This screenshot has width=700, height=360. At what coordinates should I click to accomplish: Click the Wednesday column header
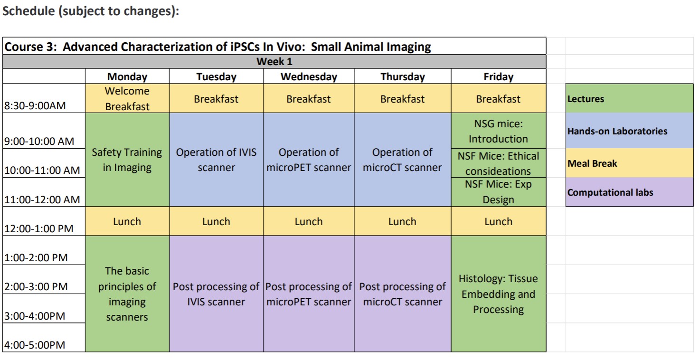point(309,76)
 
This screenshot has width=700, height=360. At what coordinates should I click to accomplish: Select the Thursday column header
point(403,76)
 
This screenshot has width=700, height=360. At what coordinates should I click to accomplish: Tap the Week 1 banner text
point(274,62)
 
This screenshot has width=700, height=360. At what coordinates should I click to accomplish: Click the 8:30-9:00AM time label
point(35,105)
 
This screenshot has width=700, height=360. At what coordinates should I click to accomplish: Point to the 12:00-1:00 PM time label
point(39,228)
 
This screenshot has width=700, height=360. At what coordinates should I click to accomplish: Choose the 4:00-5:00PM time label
point(35,345)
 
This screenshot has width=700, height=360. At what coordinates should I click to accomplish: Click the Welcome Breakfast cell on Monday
point(127,98)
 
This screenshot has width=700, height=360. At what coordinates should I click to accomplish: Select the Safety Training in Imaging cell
point(127,160)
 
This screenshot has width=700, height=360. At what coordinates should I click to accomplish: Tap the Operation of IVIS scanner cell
point(216,160)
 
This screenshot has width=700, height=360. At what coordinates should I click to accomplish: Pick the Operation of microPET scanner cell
point(309,160)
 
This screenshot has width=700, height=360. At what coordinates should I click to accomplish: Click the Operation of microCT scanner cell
point(403,160)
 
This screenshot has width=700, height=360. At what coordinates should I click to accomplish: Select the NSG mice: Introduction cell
point(499,131)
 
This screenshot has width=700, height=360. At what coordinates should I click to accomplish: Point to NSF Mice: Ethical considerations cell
point(499,163)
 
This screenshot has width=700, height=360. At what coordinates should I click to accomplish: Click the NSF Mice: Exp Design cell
point(499,192)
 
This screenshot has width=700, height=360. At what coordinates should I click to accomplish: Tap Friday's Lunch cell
point(499,221)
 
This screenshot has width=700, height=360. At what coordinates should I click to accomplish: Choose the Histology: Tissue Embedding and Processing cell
point(499,294)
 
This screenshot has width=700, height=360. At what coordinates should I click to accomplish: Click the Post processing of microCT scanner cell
point(403,294)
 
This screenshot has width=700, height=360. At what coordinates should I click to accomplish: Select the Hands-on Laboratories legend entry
point(629,131)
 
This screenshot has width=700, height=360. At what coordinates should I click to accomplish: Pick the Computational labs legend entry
point(629,192)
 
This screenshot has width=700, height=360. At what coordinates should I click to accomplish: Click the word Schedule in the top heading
point(29,11)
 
